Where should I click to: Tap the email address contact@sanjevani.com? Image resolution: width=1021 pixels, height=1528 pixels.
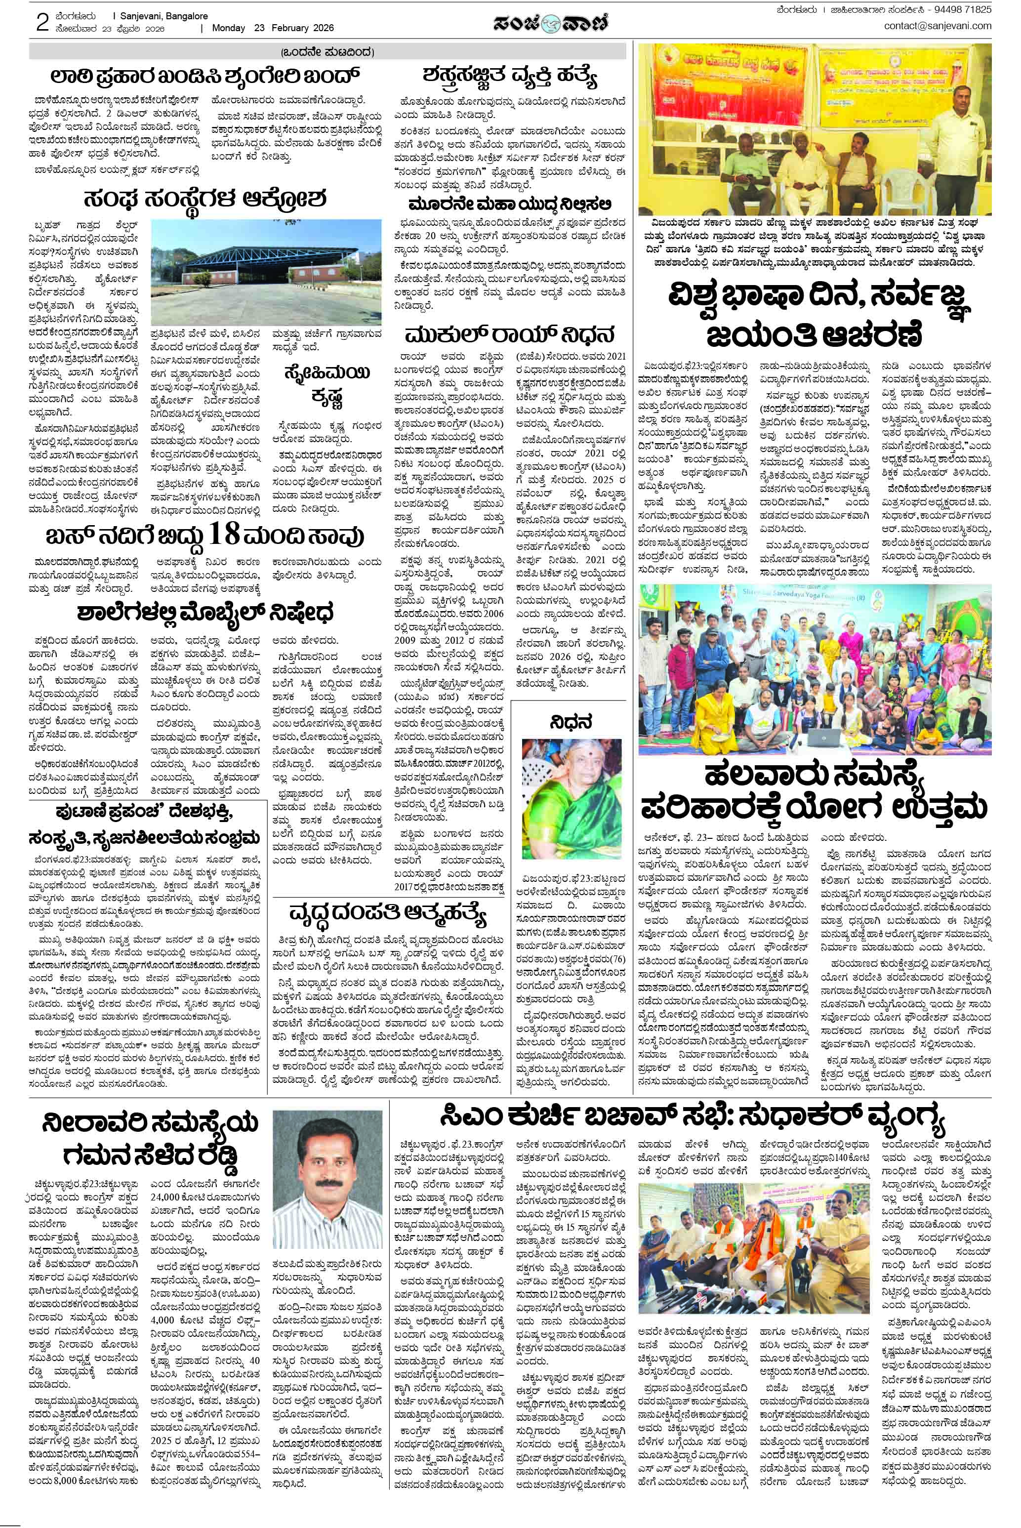click(x=937, y=26)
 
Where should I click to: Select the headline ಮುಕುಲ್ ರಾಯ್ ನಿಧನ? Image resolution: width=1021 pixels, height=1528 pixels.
click(x=509, y=336)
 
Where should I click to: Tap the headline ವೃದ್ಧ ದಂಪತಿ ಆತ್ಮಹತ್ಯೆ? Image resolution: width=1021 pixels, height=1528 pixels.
click(x=388, y=914)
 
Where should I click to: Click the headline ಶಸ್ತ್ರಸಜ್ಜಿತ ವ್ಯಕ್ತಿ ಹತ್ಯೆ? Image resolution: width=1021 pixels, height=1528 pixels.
click(x=509, y=78)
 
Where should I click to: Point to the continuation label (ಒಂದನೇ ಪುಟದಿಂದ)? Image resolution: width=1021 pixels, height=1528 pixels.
click(x=327, y=52)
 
